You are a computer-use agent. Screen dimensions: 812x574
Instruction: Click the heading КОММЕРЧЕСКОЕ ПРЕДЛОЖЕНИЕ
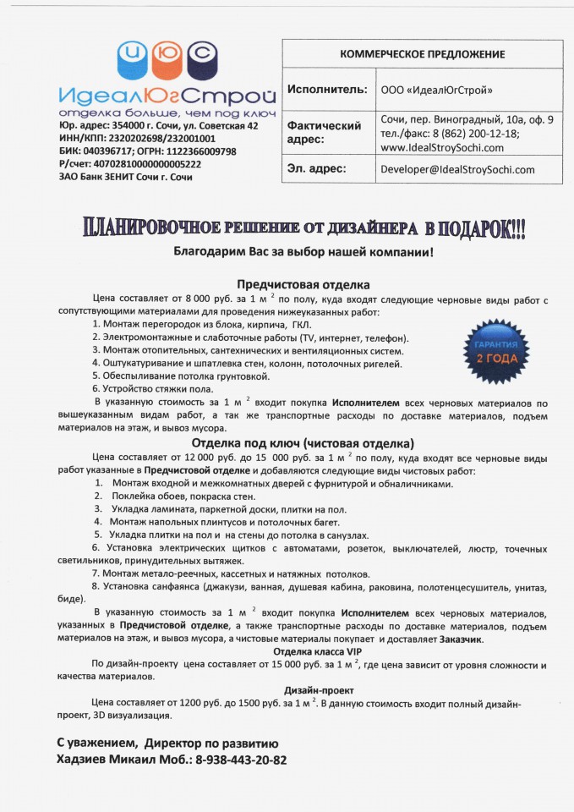tap(422, 54)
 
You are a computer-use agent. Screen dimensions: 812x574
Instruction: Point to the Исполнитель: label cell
tap(327, 90)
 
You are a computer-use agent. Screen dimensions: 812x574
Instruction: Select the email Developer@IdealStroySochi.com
tap(457, 169)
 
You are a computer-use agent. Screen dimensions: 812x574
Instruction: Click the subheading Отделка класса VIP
tap(306, 651)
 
